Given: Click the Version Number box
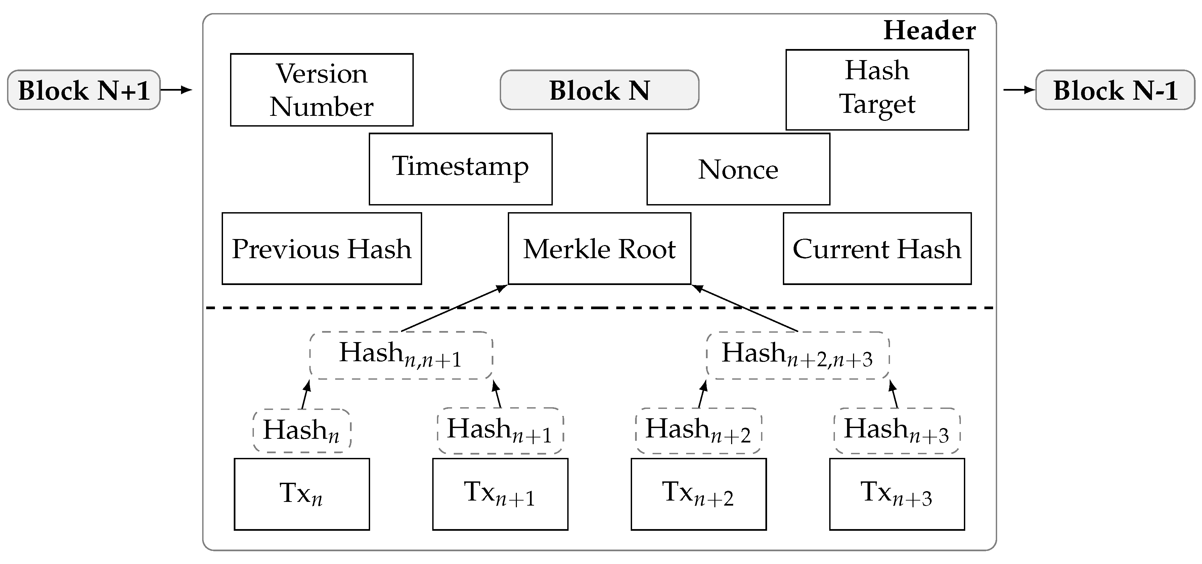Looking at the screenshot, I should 321,90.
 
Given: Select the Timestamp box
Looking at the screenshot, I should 460,169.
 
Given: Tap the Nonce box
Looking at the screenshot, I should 738,169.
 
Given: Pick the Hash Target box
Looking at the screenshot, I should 877,90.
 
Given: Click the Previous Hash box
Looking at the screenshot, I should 321,248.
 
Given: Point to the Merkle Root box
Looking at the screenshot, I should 599,248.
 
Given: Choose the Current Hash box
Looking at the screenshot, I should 877,248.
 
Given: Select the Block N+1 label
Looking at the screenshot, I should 84,90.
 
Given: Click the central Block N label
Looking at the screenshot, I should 599,90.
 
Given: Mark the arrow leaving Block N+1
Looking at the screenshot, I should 176,90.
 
